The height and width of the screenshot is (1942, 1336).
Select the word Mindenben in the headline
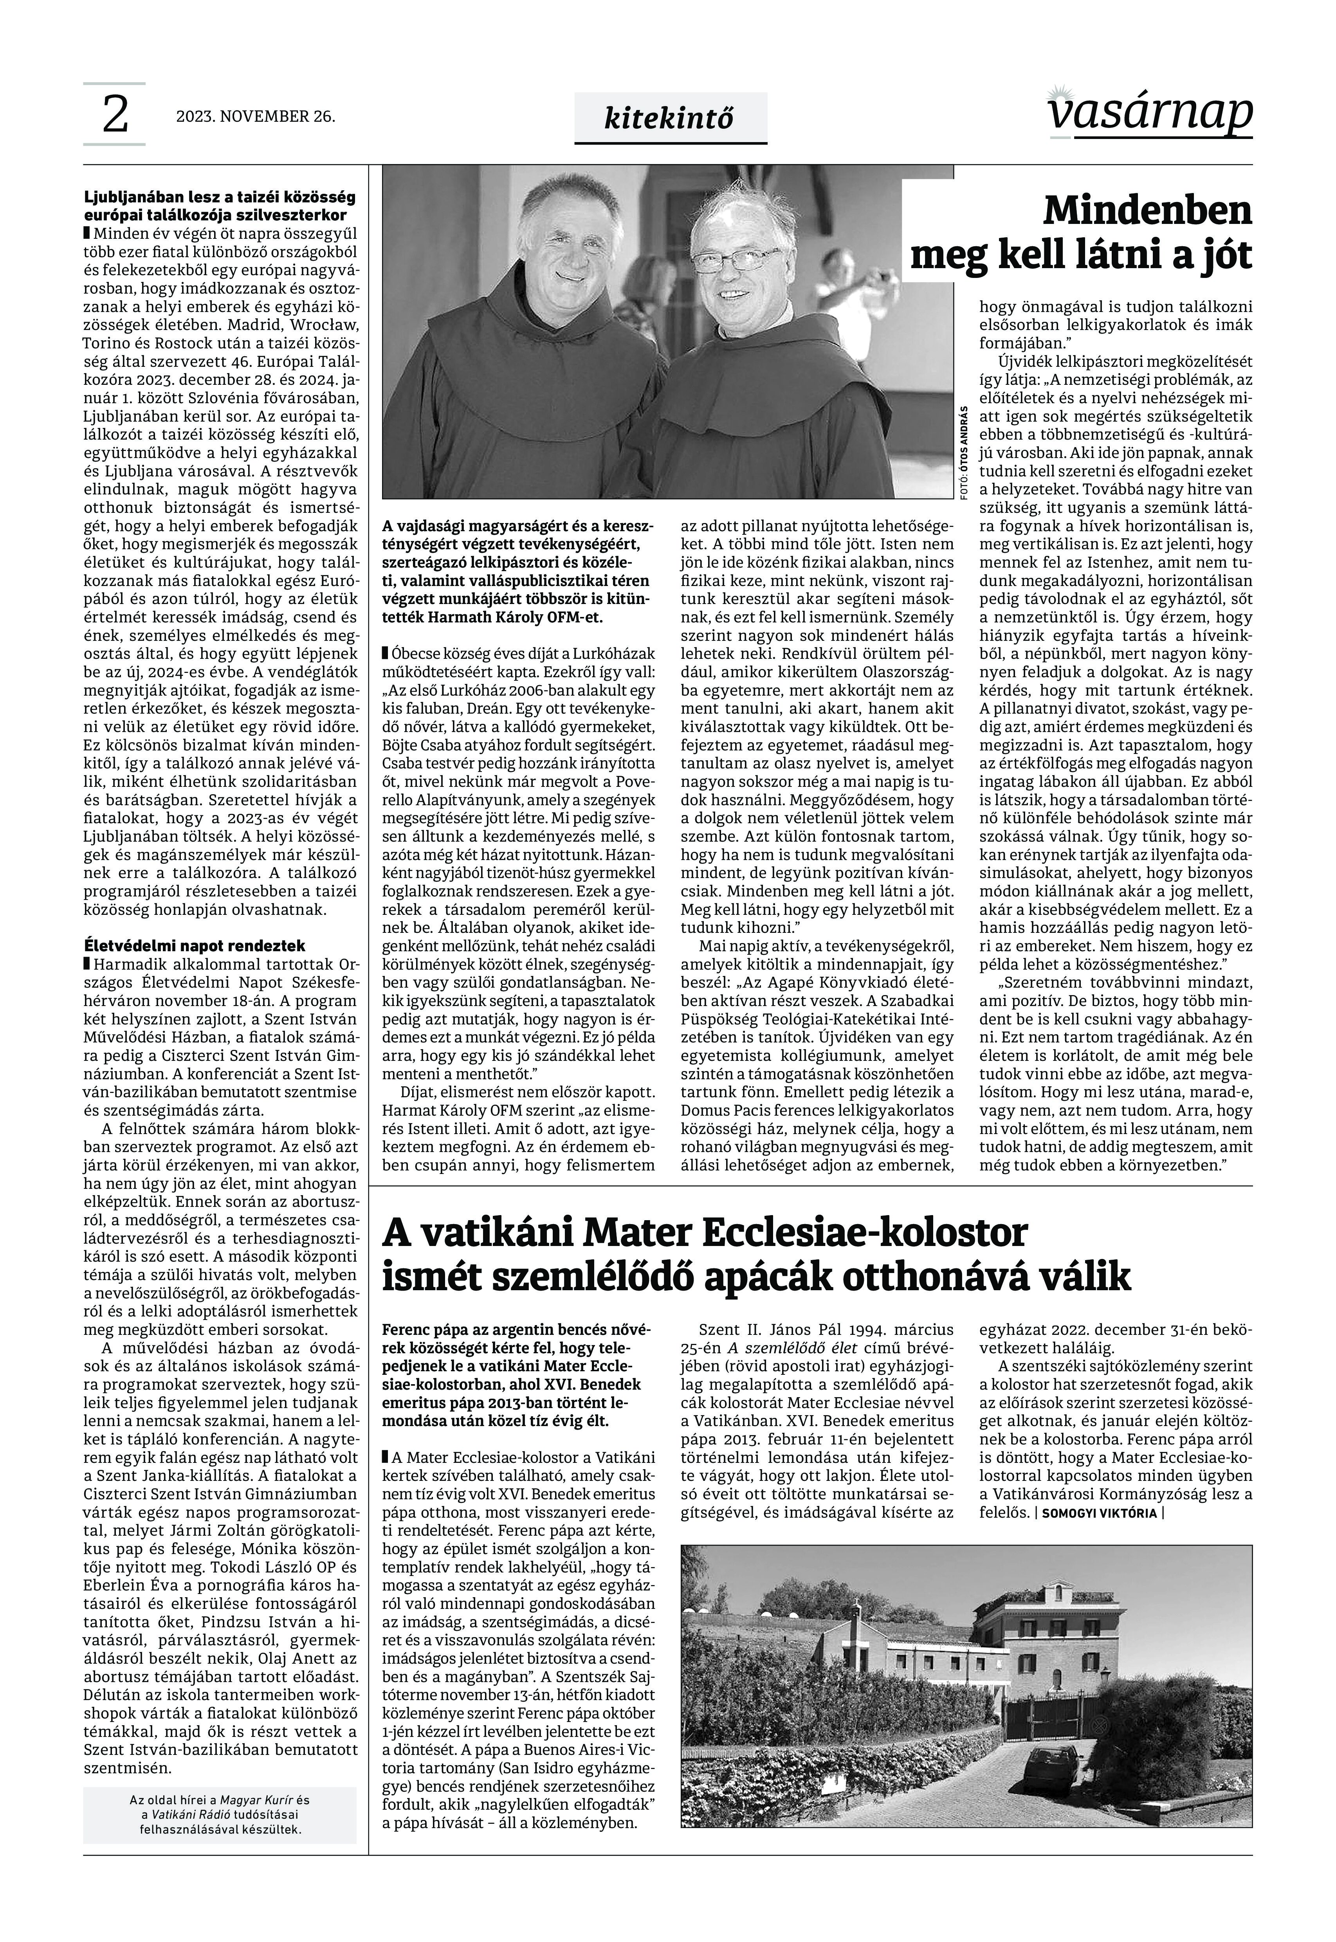(1147, 212)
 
